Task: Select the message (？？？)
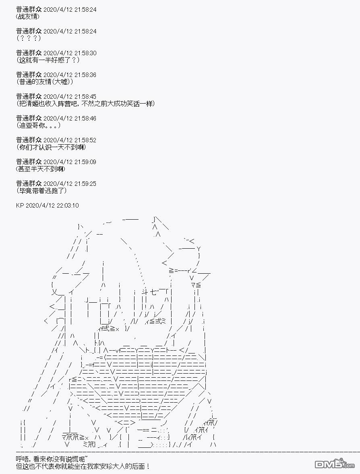(29, 38)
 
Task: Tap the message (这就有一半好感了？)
(48, 60)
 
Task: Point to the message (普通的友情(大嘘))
(45, 82)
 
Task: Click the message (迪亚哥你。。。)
(38, 125)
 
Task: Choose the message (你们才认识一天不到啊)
(51, 147)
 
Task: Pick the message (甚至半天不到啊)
(41, 169)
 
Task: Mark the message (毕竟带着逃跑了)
(41, 191)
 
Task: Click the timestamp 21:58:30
(84, 53)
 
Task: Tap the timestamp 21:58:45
(84, 97)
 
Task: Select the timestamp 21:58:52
(84, 140)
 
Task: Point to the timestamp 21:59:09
(84, 162)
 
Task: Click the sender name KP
(20, 206)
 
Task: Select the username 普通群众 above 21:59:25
(29, 183)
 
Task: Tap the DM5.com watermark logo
(335, 464)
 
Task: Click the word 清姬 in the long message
(35, 104)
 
